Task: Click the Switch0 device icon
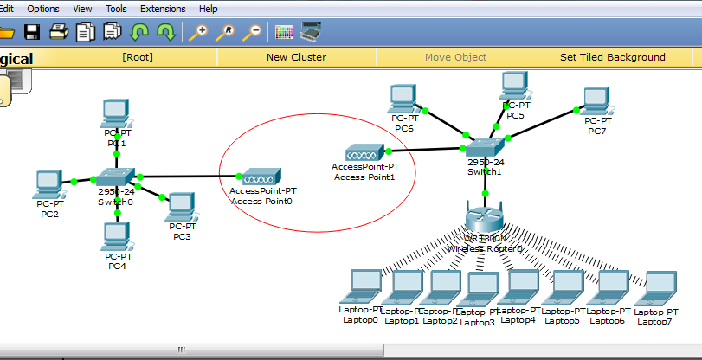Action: point(115,177)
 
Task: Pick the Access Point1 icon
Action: point(364,152)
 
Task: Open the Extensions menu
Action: point(163,9)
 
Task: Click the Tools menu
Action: point(115,9)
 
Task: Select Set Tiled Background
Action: point(613,57)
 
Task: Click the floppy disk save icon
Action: point(33,33)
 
